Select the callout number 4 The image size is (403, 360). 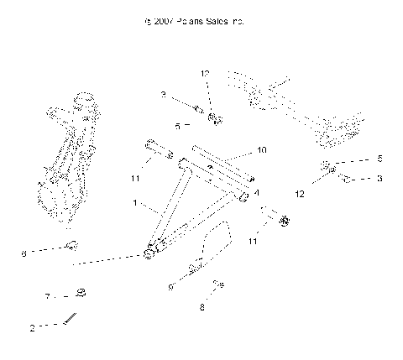[x=255, y=192]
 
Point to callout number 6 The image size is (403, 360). [x=24, y=251]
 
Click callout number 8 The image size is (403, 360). [x=202, y=307]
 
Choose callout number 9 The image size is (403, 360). [x=170, y=286]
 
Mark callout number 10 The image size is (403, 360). [x=261, y=150]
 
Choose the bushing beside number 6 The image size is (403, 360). [x=73, y=246]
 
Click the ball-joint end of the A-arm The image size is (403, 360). [x=150, y=252]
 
